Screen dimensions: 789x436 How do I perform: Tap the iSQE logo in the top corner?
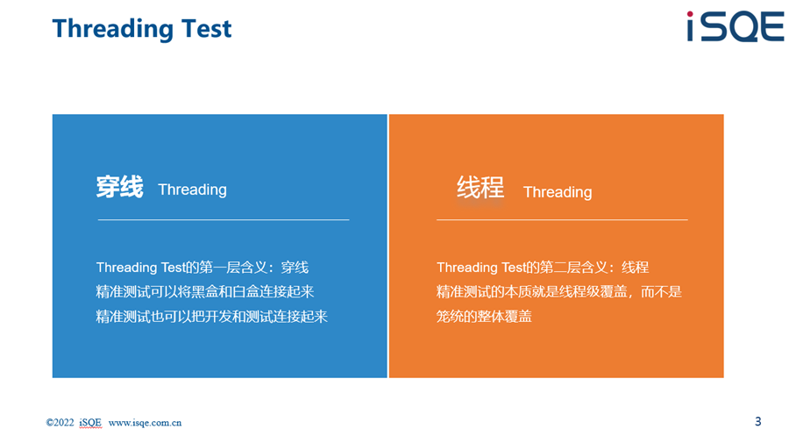(x=736, y=26)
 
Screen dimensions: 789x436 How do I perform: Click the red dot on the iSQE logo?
(x=691, y=15)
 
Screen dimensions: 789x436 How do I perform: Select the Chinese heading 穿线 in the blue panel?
(x=120, y=187)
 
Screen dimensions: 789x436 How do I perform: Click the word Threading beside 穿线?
(x=192, y=189)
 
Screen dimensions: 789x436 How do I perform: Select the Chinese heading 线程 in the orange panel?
(x=480, y=188)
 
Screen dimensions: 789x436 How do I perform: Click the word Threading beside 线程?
(x=558, y=192)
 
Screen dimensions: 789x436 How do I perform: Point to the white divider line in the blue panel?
(x=224, y=220)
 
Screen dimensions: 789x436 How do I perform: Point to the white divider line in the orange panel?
(x=562, y=220)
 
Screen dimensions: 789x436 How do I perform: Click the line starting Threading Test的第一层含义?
(x=203, y=268)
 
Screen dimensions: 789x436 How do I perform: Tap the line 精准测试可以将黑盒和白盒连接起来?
(x=205, y=292)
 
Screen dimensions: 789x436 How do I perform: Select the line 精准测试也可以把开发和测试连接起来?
(x=212, y=317)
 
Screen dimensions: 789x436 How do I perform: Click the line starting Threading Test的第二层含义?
(x=543, y=268)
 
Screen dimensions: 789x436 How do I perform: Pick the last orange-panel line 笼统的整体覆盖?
(x=484, y=317)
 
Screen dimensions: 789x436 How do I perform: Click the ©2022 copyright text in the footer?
(x=60, y=423)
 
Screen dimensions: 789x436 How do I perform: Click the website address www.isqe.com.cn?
(x=145, y=423)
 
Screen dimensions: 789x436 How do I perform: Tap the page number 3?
(x=757, y=421)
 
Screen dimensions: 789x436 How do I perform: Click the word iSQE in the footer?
(x=90, y=423)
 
